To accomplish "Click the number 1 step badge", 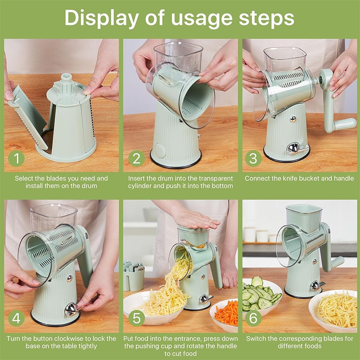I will pyautogui.click(x=16, y=159).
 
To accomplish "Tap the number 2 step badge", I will pyautogui.click(x=136, y=159).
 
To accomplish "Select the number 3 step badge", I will pyautogui.click(x=255, y=159).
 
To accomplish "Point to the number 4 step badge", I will pyautogui.click(x=16, y=318).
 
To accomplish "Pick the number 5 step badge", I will pyautogui.click(x=136, y=318).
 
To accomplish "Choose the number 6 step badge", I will pyautogui.click(x=255, y=318).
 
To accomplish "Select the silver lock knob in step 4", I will pyautogui.click(x=71, y=309).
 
